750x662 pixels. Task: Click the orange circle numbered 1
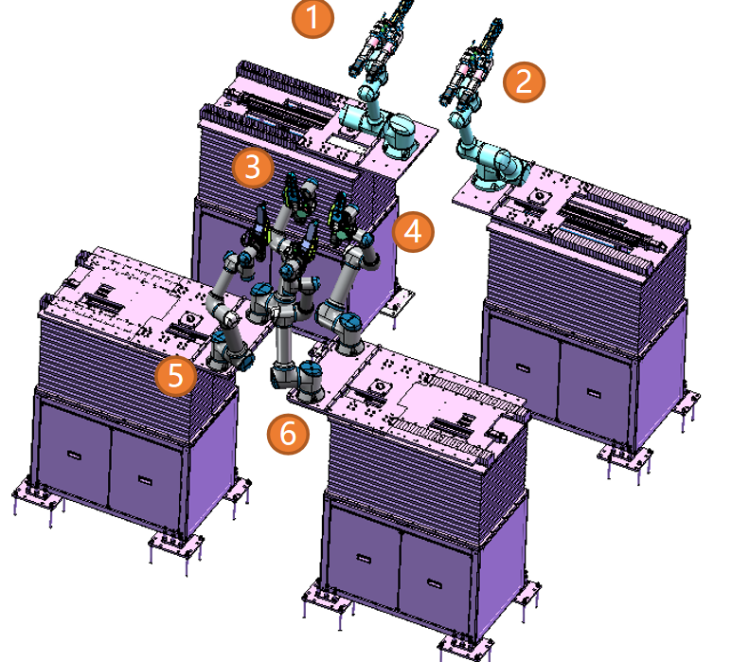[x=312, y=17]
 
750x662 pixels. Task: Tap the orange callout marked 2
[x=524, y=81]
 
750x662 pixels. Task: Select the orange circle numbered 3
[x=253, y=168]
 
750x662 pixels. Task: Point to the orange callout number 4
[x=413, y=232]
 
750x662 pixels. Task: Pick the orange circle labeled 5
[x=175, y=375]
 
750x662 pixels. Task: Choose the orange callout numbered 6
[x=288, y=434]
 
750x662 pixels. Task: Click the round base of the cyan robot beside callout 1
[x=401, y=136]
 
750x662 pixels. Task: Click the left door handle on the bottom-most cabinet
[x=364, y=558]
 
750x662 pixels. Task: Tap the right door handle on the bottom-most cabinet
[x=435, y=584]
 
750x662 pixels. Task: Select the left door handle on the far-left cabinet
[x=74, y=455]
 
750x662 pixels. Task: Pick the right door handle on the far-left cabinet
[x=145, y=480]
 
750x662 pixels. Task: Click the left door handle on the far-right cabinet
[x=523, y=367]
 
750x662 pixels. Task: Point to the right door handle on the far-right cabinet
[x=594, y=393]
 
